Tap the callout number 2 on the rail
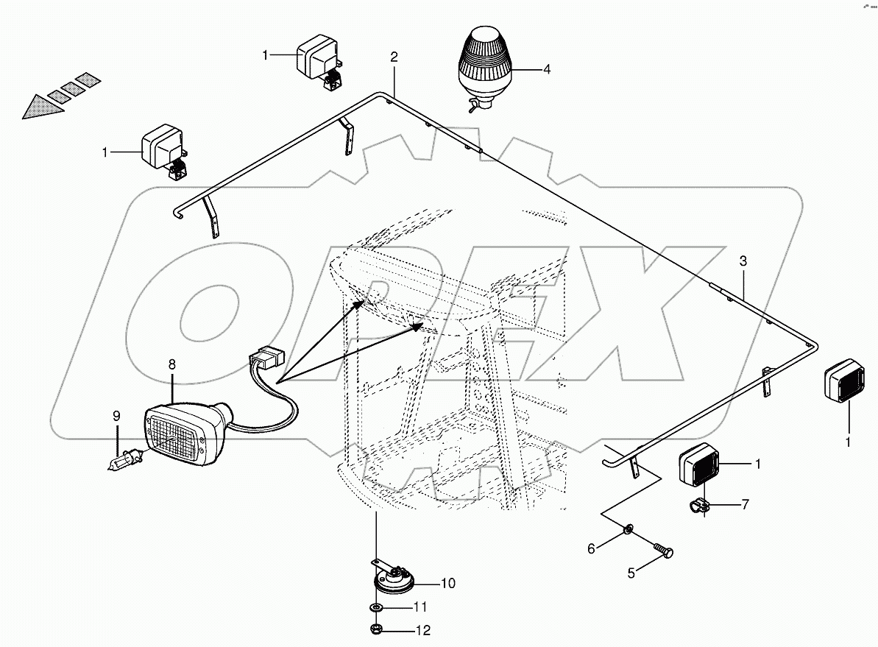[x=394, y=57]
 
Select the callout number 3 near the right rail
[x=743, y=261]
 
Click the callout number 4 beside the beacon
[x=546, y=70]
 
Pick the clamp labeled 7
[x=697, y=506]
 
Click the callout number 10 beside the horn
[x=447, y=584]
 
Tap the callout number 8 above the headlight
[x=171, y=364]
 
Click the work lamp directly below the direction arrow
[x=163, y=149]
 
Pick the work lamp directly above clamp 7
[x=698, y=465]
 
